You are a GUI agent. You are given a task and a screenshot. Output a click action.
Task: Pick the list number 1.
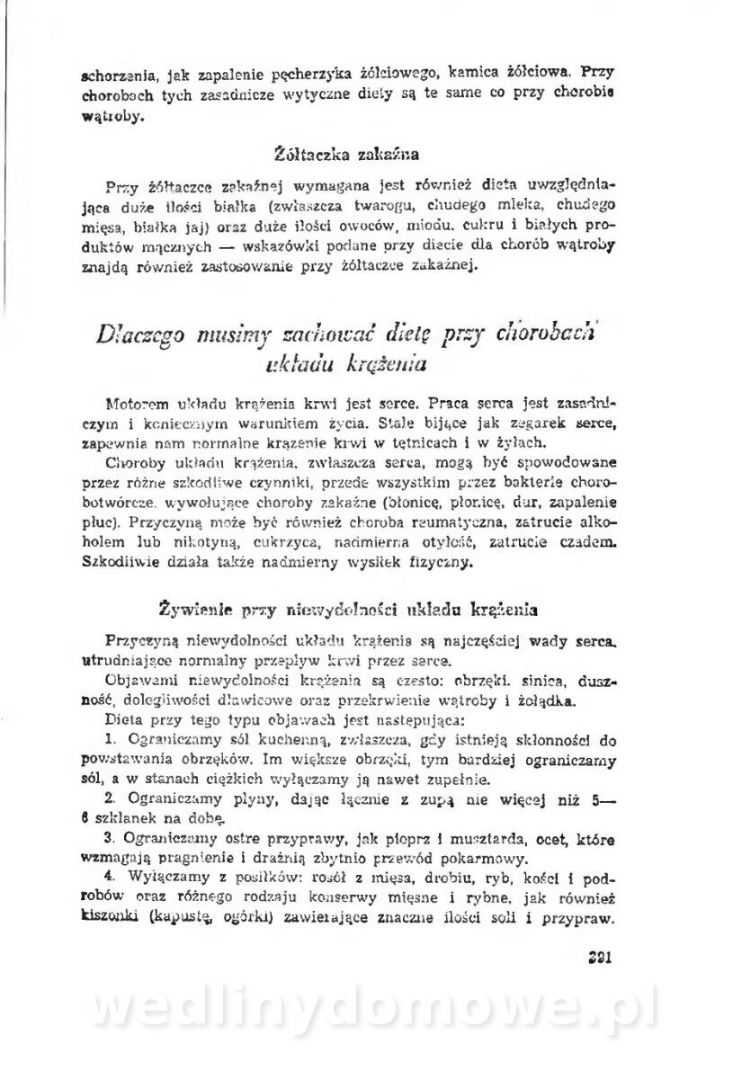(109, 739)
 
